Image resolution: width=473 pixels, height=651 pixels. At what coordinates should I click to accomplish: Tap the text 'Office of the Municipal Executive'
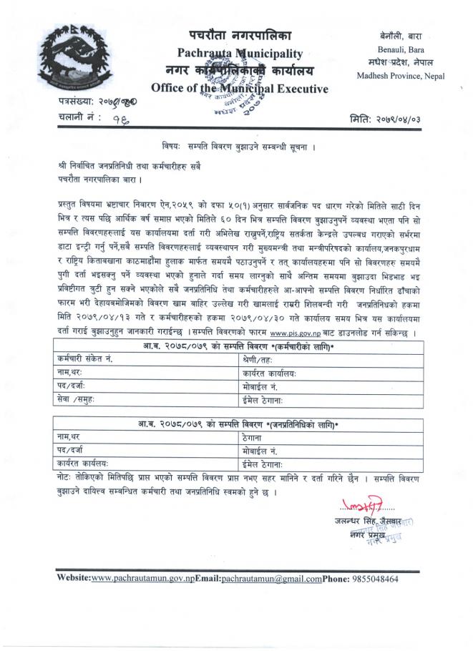240,89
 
